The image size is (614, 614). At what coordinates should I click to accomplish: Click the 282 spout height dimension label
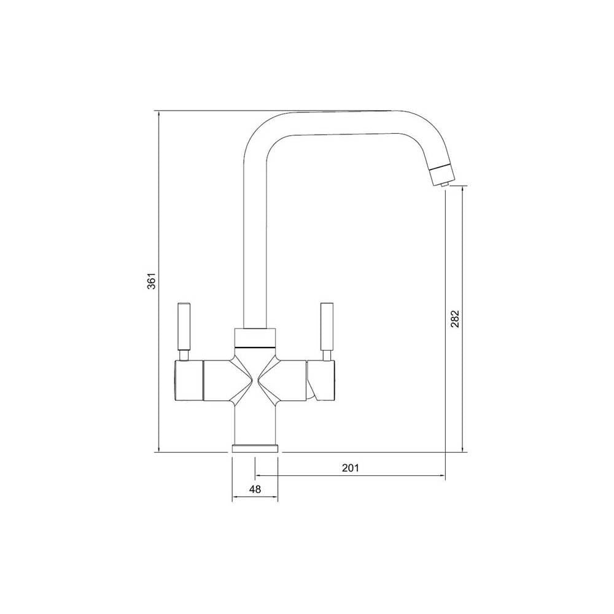pyautogui.click(x=455, y=318)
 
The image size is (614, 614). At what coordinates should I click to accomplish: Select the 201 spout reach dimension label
pyautogui.click(x=349, y=468)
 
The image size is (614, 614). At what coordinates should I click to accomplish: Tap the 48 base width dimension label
pyautogui.click(x=255, y=489)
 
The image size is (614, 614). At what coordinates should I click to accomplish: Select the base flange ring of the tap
pyautogui.click(x=255, y=448)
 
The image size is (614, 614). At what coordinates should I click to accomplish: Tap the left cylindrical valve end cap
pyautogui.click(x=188, y=382)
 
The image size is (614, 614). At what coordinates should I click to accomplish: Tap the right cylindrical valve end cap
pyautogui.click(x=324, y=382)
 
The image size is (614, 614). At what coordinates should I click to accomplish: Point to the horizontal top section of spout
pyautogui.click(x=344, y=123)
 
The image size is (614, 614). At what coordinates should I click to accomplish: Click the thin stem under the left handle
pyautogui.click(x=184, y=356)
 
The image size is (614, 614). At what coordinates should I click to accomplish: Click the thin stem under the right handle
pyautogui.click(x=326, y=356)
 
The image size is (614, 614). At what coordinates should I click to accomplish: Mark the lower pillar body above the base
pyautogui.click(x=255, y=424)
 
